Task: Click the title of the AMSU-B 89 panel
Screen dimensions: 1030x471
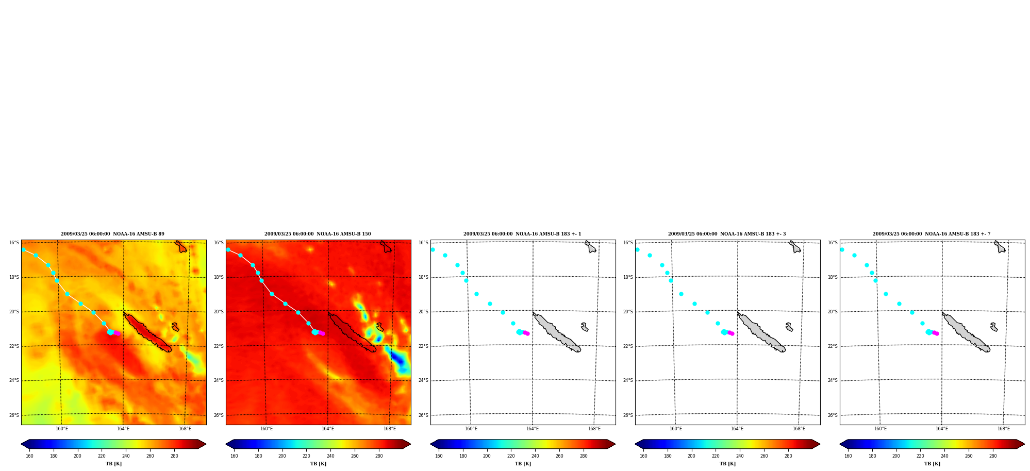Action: click(112, 234)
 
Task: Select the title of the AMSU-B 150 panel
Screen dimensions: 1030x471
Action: click(318, 234)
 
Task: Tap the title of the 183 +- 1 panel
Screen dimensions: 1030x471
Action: click(522, 234)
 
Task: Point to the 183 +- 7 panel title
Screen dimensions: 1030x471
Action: click(932, 234)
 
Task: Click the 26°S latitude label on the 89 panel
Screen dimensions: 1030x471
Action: click(14, 415)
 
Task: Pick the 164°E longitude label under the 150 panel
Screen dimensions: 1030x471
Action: click(328, 429)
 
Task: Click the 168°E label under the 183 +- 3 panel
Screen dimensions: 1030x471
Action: click(799, 429)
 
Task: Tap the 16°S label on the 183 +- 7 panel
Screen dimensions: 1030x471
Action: click(833, 243)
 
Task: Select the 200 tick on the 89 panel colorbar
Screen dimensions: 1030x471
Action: click(77, 456)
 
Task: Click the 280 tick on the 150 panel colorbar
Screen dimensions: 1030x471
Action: click(379, 456)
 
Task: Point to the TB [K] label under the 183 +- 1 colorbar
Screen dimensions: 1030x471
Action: click(523, 464)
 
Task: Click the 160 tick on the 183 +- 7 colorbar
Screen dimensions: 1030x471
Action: click(848, 456)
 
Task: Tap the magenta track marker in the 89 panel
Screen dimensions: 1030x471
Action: click(117, 333)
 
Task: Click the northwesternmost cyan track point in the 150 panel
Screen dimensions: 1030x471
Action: click(228, 249)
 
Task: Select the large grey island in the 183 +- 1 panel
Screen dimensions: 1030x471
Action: click(557, 332)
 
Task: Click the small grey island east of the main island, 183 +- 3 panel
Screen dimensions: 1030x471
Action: click(789, 327)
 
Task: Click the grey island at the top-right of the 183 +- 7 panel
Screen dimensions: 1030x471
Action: click(1000, 246)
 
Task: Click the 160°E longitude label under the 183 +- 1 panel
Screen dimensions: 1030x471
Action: click(471, 429)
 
